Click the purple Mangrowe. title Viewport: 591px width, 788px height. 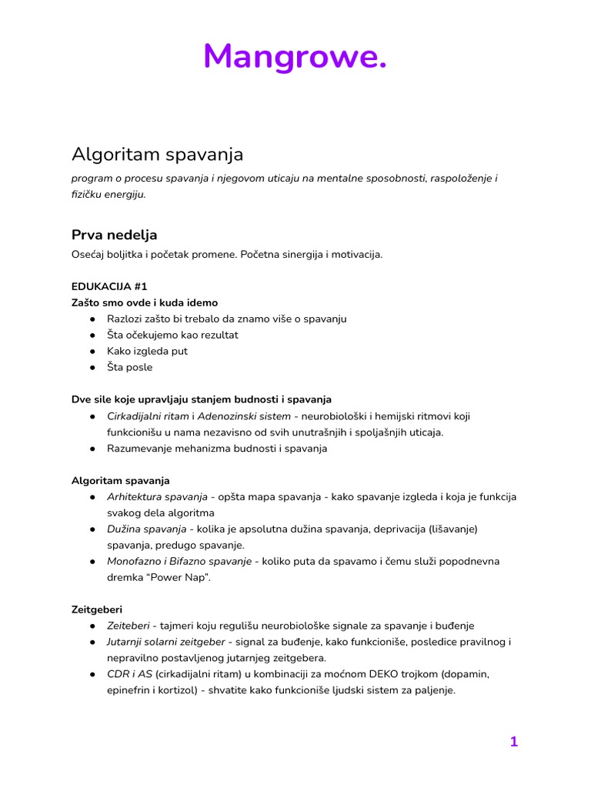(x=295, y=56)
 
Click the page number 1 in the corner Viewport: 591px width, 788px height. (x=513, y=742)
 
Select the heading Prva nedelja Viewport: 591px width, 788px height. (x=114, y=234)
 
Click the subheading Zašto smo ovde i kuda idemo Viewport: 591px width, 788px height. (x=145, y=302)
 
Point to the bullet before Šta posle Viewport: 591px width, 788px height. (x=92, y=367)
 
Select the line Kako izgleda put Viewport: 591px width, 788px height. (x=147, y=351)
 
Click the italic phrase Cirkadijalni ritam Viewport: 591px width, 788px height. (x=147, y=416)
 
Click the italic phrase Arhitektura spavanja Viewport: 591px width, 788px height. (x=157, y=496)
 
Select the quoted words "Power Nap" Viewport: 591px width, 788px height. (x=180, y=577)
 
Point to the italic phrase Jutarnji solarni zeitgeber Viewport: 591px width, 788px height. (x=166, y=641)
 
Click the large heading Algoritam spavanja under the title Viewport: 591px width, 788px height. (x=157, y=154)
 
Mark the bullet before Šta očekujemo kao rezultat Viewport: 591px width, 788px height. (x=92, y=335)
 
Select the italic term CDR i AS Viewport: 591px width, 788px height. (x=129, y=674)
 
